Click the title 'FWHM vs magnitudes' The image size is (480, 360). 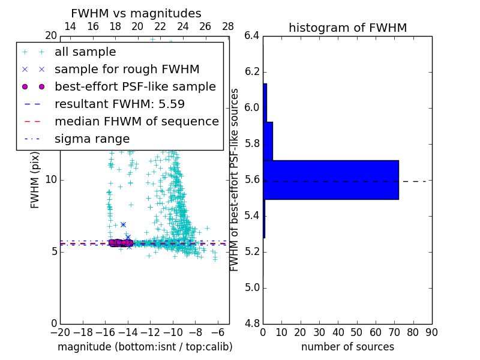(136, 14)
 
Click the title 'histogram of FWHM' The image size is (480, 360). (347, 28)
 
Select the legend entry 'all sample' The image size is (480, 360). (85, 52)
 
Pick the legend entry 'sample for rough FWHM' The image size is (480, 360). (127, 70)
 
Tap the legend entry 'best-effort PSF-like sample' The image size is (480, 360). (135, 87)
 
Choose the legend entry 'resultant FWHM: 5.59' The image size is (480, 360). (119, 104)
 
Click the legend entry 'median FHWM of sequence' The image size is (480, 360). (136, 122)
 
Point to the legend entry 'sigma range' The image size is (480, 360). (92, 139)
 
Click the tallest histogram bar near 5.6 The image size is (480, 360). (331, 179)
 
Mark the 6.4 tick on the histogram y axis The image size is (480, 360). (252, 36)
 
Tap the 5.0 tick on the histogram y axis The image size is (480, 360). (252, 287)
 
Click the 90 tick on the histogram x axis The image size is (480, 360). (431, 332)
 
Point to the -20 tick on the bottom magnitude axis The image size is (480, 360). (59, 332)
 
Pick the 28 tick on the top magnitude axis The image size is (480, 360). (228, 27)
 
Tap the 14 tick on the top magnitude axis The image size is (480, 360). (70, 27)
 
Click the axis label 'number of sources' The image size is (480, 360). (347, 347)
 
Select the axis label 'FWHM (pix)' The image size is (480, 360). (35, 179)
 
